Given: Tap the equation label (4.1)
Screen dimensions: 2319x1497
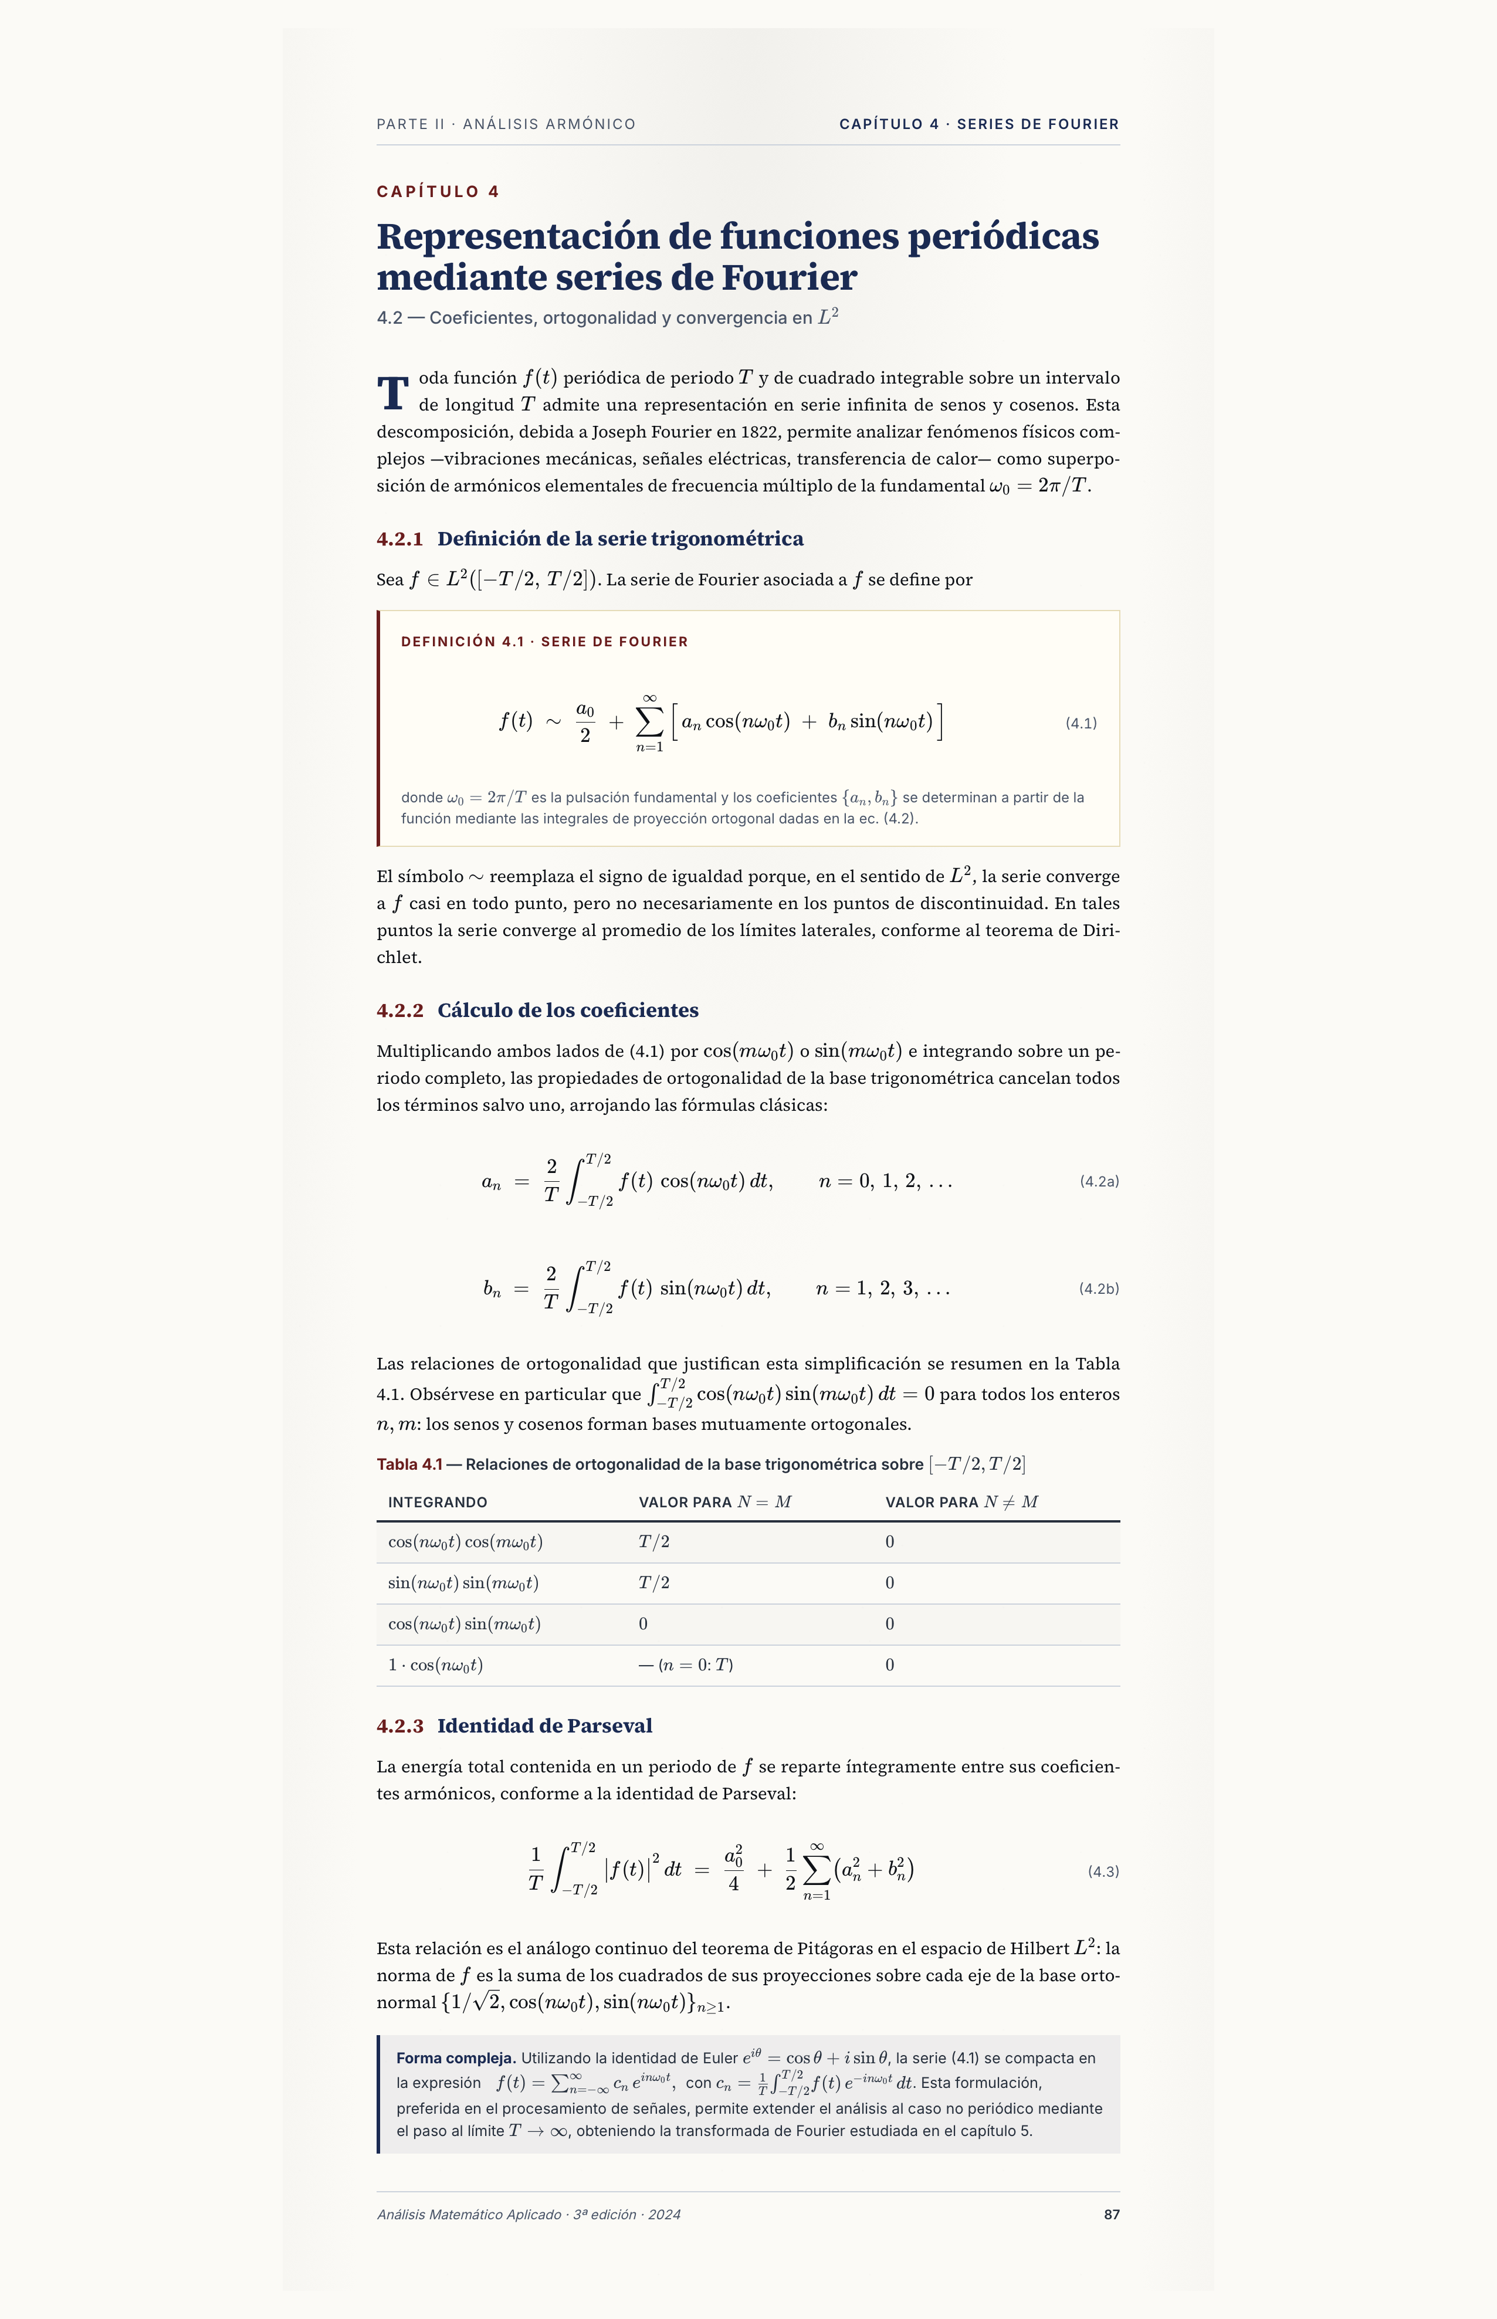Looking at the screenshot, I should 1081,723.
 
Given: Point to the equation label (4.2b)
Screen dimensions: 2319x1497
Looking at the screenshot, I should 1099,1289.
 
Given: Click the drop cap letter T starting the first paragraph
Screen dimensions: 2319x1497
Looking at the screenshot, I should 392,394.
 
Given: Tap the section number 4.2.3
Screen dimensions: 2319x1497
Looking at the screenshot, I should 399,1726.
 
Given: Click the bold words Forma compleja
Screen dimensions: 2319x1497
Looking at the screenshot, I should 456,2057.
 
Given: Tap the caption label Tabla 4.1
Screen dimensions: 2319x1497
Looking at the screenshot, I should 409,1464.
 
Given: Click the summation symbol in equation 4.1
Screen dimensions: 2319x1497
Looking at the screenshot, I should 649,722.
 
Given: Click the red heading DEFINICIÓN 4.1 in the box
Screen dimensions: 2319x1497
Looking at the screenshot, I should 462,642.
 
